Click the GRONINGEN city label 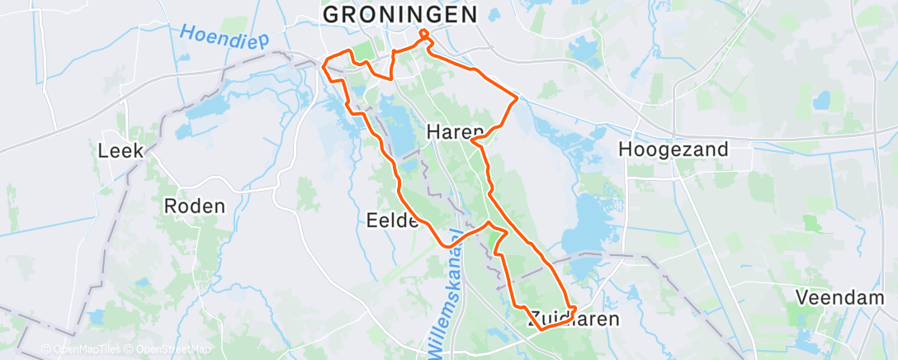click(399, 14)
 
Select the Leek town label click(121, 151)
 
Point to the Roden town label click(195, 206)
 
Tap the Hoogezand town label click(673, 149)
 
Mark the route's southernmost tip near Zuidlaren click(541, 329)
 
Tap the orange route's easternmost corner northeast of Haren click(518, 99)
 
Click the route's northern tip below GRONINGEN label click(424, 33)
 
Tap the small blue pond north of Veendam click(820, 102)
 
